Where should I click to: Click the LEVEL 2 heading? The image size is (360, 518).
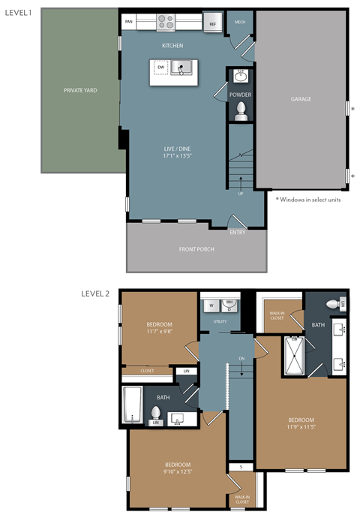(x=95, y=294)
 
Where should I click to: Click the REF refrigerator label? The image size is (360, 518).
(x=212, y=25)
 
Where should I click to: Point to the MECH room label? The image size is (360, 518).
(x=240, y=23)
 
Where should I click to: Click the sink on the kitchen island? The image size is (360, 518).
(x=181, y=68)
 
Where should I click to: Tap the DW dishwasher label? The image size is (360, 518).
(x=160, y=68)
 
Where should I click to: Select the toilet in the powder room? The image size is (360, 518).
(x=241, y=110)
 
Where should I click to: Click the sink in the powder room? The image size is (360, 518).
(x=241, y=77)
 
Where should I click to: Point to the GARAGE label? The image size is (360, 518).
(x=301, y=99)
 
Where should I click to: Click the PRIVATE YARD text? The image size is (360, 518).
(x=80, y=91)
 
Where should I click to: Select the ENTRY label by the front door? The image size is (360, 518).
(x=237, y=232)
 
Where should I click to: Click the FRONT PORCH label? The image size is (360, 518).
(x=196, y=249)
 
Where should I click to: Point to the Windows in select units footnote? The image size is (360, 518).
(x=309, y=199)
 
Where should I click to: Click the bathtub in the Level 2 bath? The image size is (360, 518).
(x=133, y=405)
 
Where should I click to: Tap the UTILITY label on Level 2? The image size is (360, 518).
(x=220, y=321)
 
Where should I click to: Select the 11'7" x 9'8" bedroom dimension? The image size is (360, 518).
(x=160, y=331)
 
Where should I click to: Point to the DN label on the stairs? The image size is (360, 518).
(x=241, y=359)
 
